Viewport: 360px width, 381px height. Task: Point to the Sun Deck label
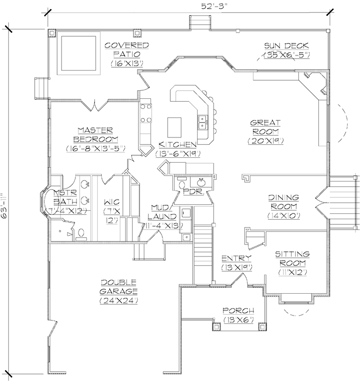287,50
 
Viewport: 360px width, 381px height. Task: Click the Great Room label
265,131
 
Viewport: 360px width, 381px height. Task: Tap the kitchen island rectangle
174,127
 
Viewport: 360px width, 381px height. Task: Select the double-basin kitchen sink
202,122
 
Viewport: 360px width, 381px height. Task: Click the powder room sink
202,181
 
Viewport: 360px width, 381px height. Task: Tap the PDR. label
192,191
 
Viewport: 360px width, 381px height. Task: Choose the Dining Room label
283,206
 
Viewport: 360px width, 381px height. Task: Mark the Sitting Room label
292,263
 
